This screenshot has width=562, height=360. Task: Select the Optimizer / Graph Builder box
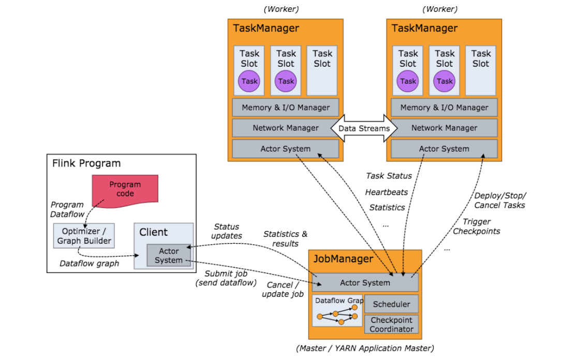coord(83,236)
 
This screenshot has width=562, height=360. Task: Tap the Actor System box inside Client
coord(169,256)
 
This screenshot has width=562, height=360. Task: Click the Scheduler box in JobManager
coord(391,304)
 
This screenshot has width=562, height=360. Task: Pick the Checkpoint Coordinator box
coord(392,324)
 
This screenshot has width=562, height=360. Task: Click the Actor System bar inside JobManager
coord(365,283)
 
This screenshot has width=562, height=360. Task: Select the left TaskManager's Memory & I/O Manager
coord(285,108)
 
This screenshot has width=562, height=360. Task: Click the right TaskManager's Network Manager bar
coord(444,128)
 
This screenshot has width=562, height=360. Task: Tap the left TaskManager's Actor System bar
coord(285,149)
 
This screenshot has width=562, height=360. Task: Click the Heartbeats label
coord(386,192)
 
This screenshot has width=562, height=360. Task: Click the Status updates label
coord(227,231)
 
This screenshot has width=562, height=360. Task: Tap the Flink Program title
coord(86,163)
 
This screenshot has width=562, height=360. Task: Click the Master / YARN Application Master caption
coord(365,348)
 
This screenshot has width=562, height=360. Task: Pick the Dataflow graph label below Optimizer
coord(89,263)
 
